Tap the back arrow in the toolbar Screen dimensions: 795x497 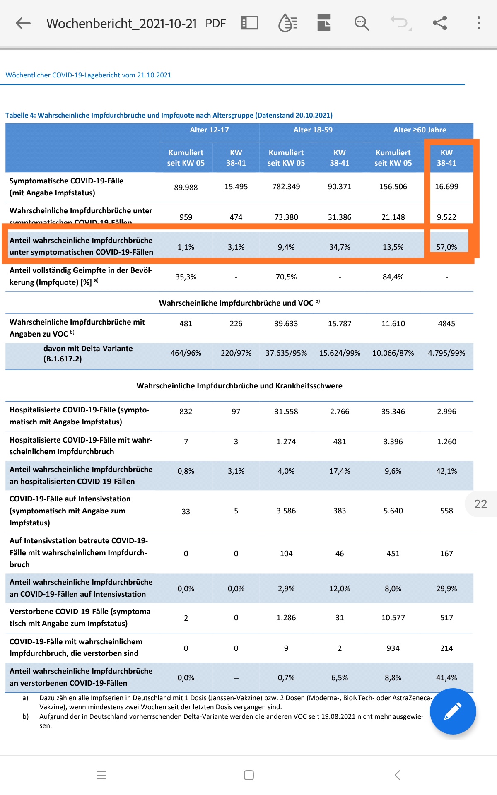coord(23,23)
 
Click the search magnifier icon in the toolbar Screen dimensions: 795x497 coord(362,23)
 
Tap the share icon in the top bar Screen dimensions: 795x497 coord(440,23)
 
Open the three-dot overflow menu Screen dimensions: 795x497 coord(479,23)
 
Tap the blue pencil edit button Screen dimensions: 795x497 coord(453,711)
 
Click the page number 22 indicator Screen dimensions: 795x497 coord(480,504)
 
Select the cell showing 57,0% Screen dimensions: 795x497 coord(446,247)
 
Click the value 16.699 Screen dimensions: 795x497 coord(446,187)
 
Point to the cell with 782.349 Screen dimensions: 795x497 coord(286,187)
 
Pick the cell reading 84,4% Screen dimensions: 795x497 coord(393,277)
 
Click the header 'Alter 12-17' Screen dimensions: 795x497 coord(209,130)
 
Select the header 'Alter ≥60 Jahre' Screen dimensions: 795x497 coord(420,130)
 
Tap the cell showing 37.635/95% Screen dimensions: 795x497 coord(286,353)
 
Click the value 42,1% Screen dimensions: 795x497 coord(446,471)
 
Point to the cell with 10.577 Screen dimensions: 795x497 coord(393,618)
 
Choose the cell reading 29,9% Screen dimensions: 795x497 coord(446,589)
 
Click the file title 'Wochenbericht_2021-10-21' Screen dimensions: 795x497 coord(121,24)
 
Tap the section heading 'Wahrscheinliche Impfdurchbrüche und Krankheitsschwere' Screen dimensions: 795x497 coord(239,386)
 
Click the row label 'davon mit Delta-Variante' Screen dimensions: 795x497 coord(88,349)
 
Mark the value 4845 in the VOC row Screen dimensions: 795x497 coord(446,324)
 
